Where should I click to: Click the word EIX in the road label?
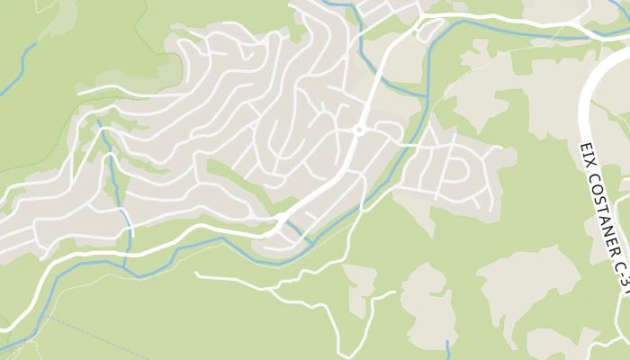[x=584, y=150]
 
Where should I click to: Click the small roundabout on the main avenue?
[x=358, y=130]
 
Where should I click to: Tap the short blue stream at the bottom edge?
[x=448, y=349]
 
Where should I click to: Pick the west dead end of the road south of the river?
[x=197, y=274]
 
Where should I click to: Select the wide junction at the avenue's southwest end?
[x=281, y=220]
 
